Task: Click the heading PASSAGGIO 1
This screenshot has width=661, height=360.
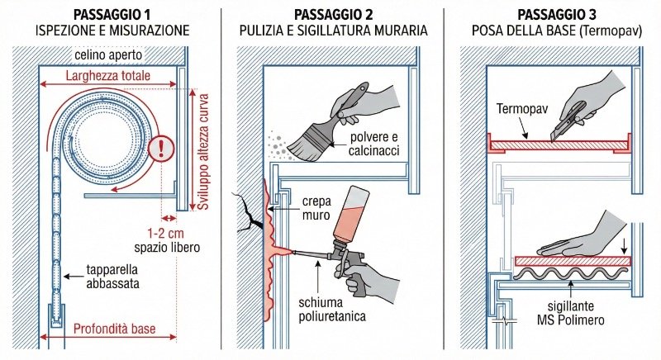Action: pyautogui.click(x=112, y=14)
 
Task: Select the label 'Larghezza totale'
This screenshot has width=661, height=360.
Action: pyautogui.click(x=108, y=76)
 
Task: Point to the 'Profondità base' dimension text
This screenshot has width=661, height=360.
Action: pyautogui.click(x=114, y=329)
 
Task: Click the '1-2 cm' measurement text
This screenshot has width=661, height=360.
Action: pyautogui.click(x=165, y=234)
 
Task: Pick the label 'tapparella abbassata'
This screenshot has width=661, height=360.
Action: pyautogui.click(x=112, y=277)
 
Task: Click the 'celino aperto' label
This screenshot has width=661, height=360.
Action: pyautogui.click(x=108, y=55)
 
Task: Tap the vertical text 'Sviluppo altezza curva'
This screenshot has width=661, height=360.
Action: pyautogui.click(x=203, y=152)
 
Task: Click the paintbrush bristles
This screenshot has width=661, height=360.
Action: pyautogui.click(x=302, y=145)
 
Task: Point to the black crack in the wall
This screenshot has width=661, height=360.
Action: pyautogui.click(x=249, y=213)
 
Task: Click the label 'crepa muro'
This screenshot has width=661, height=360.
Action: pyautogui.click(x=316, y=208)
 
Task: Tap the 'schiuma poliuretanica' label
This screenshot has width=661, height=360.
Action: pyautogui.click(x=332, y=310)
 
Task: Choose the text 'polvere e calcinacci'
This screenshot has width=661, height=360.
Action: pyautogui.click(x=373, y=144)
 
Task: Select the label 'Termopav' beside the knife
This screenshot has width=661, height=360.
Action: pyautogui.click(x=522, y=109)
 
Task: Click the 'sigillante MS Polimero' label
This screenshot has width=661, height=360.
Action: pyautogui.click(x=570, y=313)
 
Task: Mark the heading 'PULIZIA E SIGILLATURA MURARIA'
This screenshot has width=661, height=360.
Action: pyautogui.click(x=334, y=31)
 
